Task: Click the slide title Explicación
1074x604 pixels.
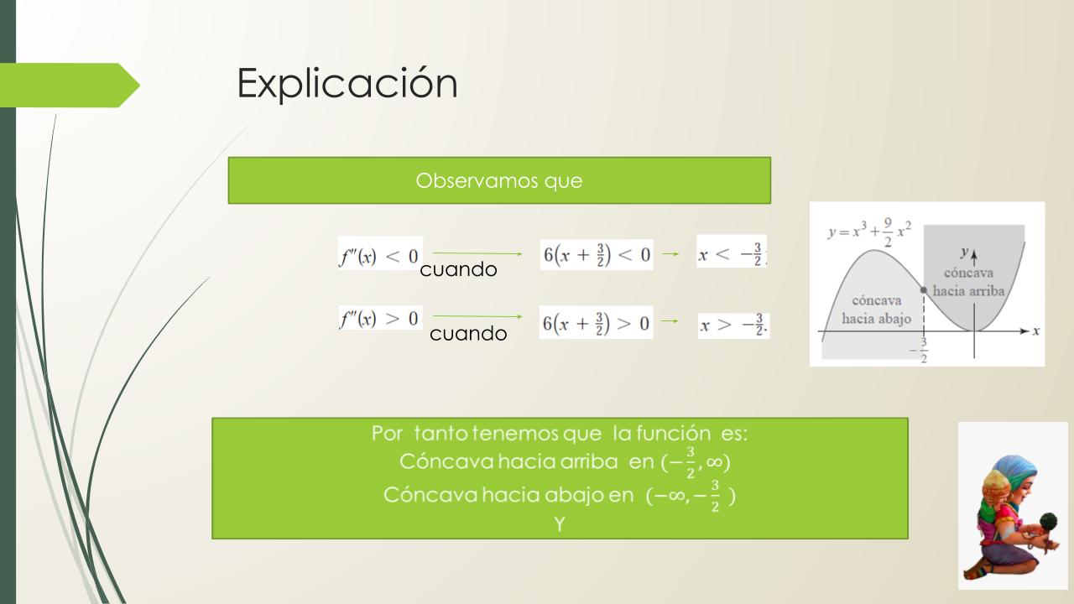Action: coord(347,83)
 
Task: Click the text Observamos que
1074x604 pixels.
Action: coord(499,180)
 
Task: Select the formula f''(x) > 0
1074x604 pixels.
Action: coord(380,318)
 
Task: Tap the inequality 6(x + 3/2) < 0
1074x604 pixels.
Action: coord(597,254)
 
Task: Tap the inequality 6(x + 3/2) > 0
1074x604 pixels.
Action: coord(596,323)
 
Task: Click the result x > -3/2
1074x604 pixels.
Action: coord(733,325)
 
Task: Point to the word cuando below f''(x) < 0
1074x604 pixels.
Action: coord(458,269)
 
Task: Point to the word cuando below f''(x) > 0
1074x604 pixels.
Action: coord(468,333)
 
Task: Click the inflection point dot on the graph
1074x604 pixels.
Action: coord(924,290)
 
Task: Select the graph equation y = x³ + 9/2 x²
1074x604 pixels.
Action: coord(869,232)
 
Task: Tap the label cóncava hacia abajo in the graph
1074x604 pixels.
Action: coord(877,310)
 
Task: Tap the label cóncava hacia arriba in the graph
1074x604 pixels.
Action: coord(968,282)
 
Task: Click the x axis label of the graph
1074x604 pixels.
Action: coord(1035,331)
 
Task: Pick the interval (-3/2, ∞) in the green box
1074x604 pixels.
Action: coord(696,462)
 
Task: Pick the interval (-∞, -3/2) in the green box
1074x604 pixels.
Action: coord(691,496)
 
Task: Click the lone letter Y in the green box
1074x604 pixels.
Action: coord(560,524)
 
